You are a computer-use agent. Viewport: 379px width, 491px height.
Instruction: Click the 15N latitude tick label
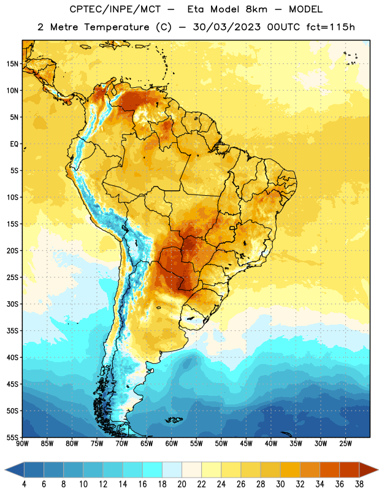coord(12,64)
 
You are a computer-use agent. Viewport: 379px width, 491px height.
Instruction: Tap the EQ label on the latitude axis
coord(14,144)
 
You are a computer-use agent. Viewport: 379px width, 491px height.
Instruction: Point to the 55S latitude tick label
coord(12,437)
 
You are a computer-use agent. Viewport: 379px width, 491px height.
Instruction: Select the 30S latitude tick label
coord(12,304)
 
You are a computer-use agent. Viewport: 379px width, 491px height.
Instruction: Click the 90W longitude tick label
coord(22,444)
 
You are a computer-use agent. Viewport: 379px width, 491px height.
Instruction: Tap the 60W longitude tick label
coord(172,444)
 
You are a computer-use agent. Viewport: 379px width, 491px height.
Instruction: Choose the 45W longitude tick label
coord(246,444)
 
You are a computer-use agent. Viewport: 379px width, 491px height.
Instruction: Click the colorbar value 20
coord(182,484)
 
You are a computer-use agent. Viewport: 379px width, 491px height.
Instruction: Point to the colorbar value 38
coord(359,484)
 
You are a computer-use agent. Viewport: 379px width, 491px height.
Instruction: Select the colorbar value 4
coord(24,484)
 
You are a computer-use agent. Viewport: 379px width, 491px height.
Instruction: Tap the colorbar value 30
coord(280,484)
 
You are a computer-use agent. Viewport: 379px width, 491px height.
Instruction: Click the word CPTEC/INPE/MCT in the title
coord(115,9)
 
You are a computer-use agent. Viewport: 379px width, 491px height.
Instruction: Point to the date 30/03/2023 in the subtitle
coord(226,27)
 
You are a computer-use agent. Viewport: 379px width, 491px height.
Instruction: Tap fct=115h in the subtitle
coord(331,27)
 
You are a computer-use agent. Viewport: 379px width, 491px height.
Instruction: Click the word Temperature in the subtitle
coord(117,28)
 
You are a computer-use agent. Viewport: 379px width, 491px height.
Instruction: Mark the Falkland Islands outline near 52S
coord(174,420)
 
